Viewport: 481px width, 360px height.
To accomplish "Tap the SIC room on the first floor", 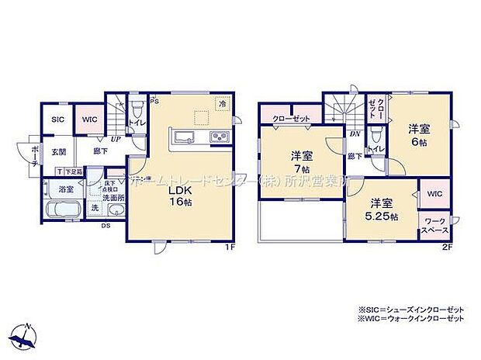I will (x=57, y=120).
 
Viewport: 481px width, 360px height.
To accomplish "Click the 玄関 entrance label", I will (x=58, y=152).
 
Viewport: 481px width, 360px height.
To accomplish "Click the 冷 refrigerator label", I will (x=222, y=103).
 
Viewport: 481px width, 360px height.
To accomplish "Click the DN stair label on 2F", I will (x=354, y=134).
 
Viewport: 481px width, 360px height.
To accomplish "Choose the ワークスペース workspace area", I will (x=433, y=226).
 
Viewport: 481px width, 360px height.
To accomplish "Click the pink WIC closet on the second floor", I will (x=433, y=193).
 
